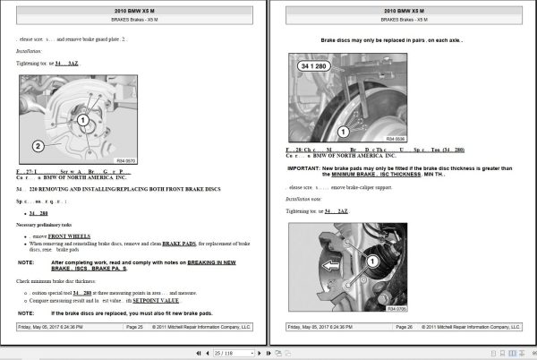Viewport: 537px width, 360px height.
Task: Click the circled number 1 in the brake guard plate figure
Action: coord(81,119)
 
